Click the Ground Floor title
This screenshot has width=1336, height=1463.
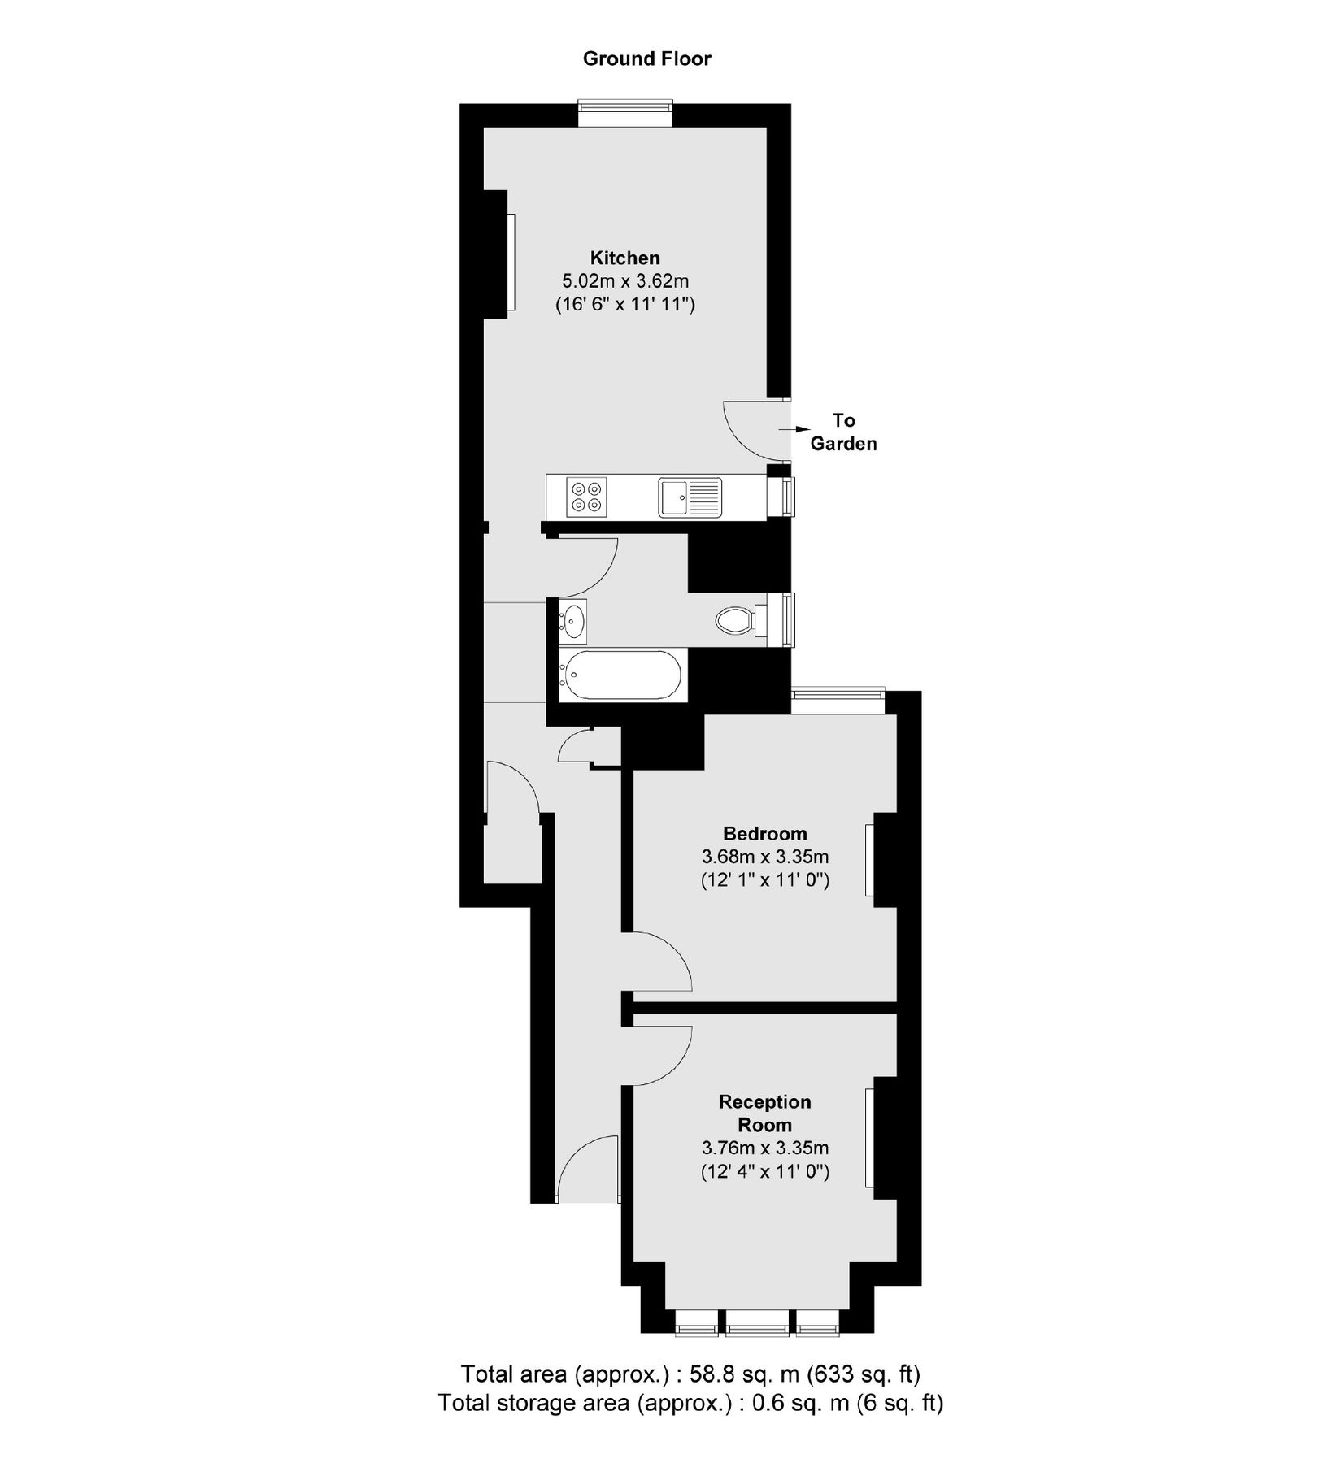(646, 59)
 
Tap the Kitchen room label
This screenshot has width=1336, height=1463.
(624, 258)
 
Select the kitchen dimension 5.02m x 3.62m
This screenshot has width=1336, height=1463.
(625, 282)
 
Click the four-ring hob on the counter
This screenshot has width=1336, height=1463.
(588, 497)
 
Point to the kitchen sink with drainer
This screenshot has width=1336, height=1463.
(690, 497)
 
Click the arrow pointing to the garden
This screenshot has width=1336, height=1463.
(798, 428)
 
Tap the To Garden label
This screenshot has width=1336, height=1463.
(843, 432)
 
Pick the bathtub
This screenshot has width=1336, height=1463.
(623, 675)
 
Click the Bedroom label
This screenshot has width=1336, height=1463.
(765, 833)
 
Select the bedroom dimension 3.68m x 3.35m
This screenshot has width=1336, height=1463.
(765, 857)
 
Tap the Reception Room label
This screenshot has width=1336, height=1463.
(765, 1113)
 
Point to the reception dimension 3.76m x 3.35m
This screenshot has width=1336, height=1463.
(765, 1148)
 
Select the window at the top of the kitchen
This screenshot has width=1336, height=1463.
(625, 112)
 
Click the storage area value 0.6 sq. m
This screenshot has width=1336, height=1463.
(794, 1403)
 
